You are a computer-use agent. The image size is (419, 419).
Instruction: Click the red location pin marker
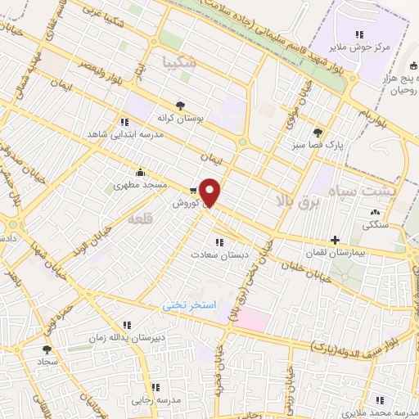point(210,191)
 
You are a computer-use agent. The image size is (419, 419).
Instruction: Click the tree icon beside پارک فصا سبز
point(318,132)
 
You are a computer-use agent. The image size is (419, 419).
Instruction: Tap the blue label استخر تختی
point(188,305)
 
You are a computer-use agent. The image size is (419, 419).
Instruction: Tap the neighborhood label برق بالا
point(306,200)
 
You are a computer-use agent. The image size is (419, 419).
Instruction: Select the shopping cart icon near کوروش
point(192,191)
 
